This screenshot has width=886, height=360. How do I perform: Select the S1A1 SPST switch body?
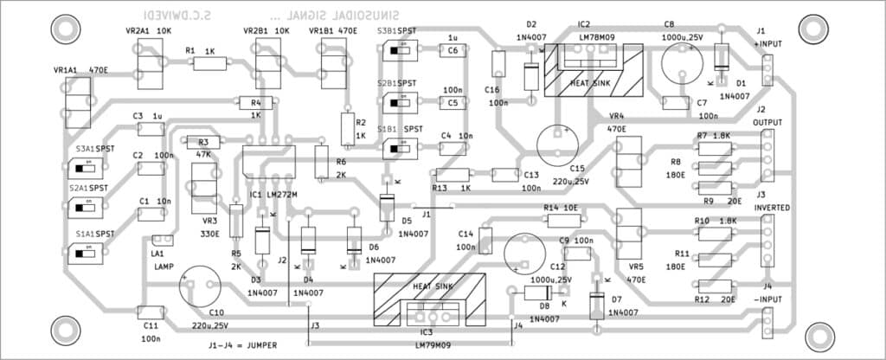84,255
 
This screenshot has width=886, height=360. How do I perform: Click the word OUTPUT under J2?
767,123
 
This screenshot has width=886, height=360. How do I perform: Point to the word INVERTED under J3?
769,208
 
